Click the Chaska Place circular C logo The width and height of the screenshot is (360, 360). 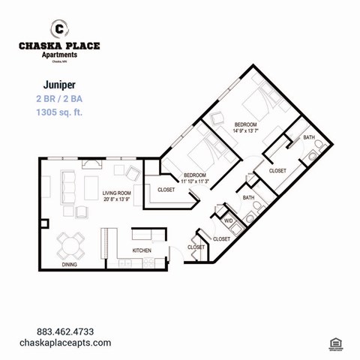(x=59, y=29)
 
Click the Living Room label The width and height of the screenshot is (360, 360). (x=117, y=193)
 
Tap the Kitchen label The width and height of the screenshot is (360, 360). (x=142, y=250)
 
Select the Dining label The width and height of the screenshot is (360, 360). (x=69, y=265)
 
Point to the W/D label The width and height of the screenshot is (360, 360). (x=227, y=221)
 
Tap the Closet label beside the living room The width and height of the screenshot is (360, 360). (x=166, y=190)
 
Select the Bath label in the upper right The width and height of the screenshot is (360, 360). (x=309, y=138)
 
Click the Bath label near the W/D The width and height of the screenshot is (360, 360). (x=247, y=197)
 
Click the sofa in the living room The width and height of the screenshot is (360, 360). (x=68, y=184)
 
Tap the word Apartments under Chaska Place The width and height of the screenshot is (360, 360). (x=59, y=55)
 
